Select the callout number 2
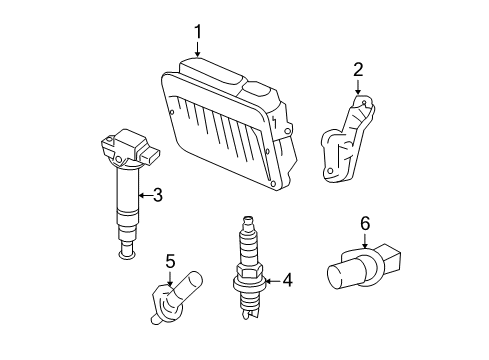(x=357, y=69)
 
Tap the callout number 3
(x=157, y=194)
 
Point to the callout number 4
(x=287, y=281)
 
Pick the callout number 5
(x=170, y=262)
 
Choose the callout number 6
(x=365, y=223)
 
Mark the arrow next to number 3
(x=142, y=194)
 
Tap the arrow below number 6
(x=365, y=240)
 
